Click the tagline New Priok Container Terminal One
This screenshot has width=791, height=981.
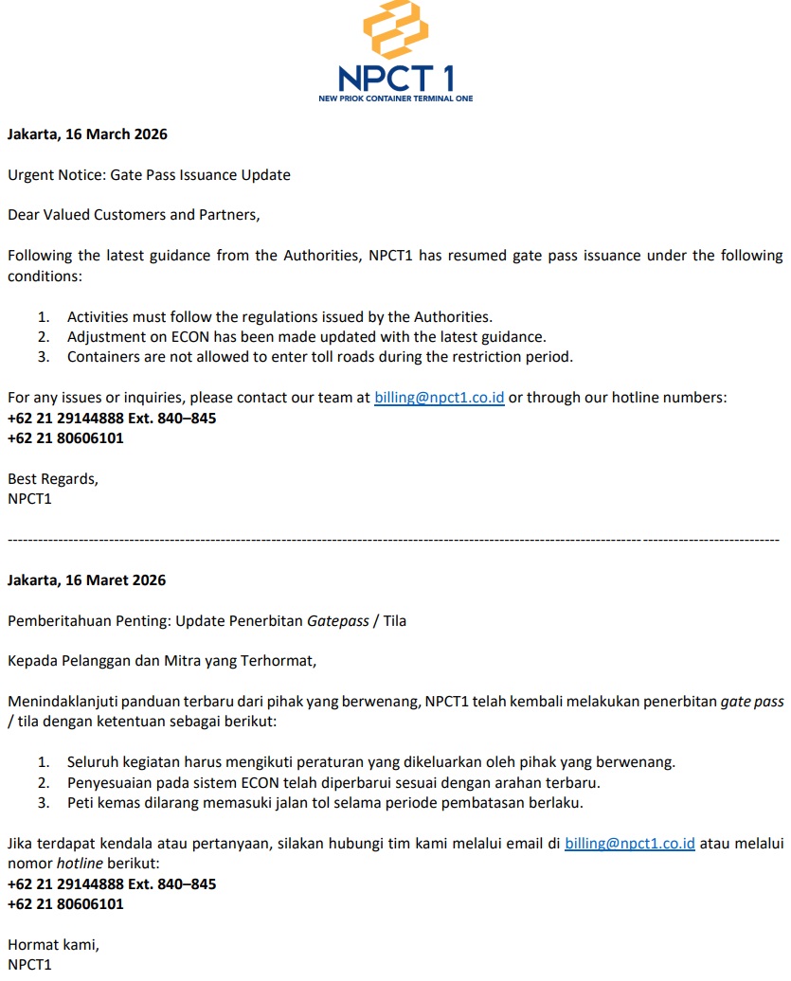coord(396,98)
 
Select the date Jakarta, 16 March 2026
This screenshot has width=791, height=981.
coord(87,134)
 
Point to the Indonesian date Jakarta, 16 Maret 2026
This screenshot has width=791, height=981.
coord(86,580)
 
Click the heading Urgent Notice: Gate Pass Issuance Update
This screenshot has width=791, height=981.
coord(149,175)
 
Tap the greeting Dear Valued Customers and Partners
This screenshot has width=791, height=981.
coord(134,215)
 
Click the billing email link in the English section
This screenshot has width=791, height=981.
coord(439,399)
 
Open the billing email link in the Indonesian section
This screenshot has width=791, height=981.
coord(629,844)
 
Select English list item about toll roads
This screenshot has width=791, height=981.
coord(319,357)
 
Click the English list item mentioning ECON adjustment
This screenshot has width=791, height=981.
coord(306,337)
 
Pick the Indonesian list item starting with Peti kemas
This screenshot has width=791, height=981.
coord(325,803)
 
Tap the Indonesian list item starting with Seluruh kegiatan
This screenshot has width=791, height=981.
coord(370,762)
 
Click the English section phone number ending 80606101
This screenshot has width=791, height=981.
coord(65,438)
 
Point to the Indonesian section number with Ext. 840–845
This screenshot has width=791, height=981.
coord(112,884)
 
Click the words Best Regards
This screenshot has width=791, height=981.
coord(52,479)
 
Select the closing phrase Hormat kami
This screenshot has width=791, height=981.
coord(53,944)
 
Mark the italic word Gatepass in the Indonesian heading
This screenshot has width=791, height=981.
coord(338,621)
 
